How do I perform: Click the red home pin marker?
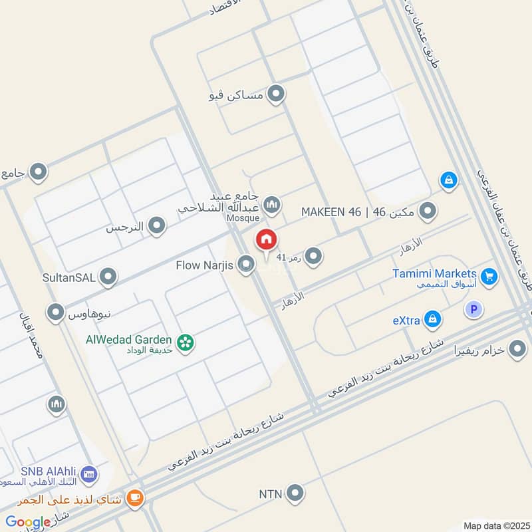[x=266, y=239]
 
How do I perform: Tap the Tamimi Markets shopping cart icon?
[x=489, y=275]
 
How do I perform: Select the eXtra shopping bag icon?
[x=433, y=320]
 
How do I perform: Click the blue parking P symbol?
[x=473, y=309]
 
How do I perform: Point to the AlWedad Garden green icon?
[x=186, y=342]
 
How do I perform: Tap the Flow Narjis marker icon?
[x=246, y=265]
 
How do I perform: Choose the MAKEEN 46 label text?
[x=331, y=211]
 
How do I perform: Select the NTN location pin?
[x=296, y=493]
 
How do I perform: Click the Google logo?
[x=28, y=522]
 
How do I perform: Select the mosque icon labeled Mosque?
[x=271, y=203]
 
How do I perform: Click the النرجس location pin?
[x=157, y=227]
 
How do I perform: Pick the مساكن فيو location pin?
[x=275, y=94]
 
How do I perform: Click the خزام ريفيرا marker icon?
[x=517, y=348]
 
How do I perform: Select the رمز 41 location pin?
[x=313, y=255]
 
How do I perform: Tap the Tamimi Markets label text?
[x=434, y=274]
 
